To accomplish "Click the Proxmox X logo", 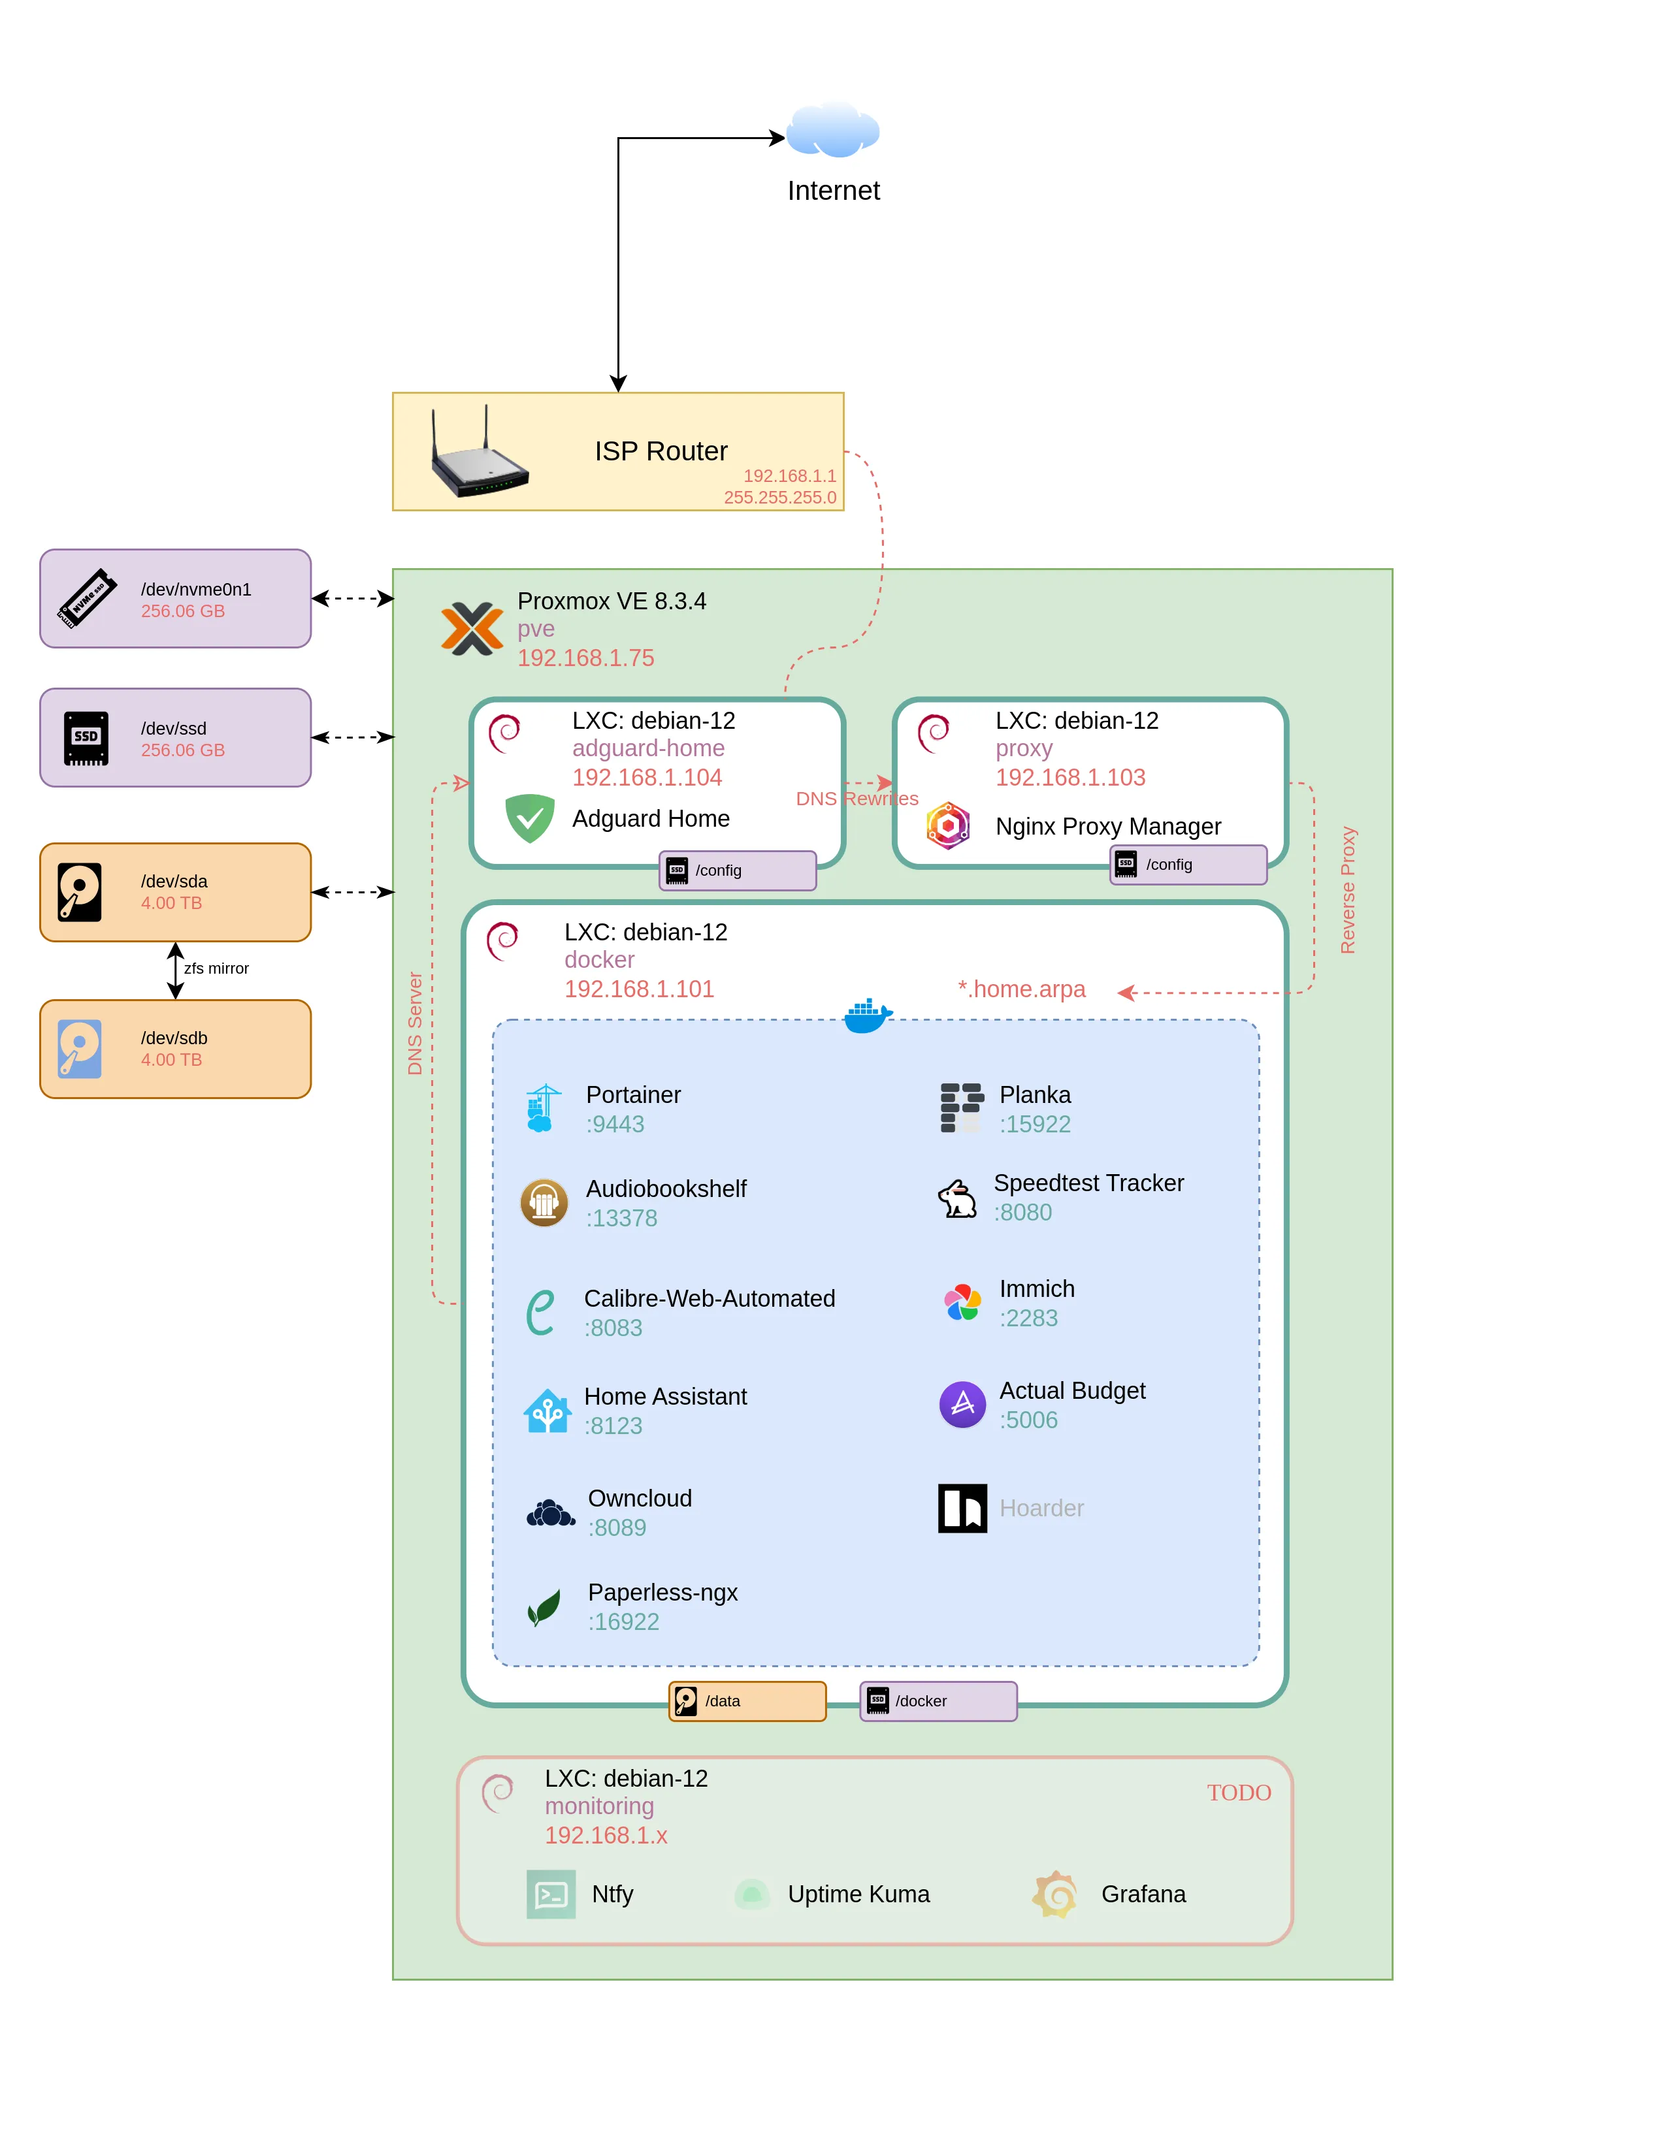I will point(472,628).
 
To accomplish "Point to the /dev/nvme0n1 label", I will point(195,589).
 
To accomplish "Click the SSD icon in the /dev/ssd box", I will point(86,738).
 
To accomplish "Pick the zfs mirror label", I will point(216,968).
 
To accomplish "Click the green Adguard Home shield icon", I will point(530,818).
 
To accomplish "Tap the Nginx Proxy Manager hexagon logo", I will point(947,826).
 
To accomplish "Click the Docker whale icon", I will point(868,1015).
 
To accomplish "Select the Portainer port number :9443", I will point(615,1124).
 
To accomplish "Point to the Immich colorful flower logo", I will point(962,1303).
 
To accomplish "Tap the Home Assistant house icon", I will point(547,1411).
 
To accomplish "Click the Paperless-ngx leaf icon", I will point(544,1606).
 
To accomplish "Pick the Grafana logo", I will point(1054,1894).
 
